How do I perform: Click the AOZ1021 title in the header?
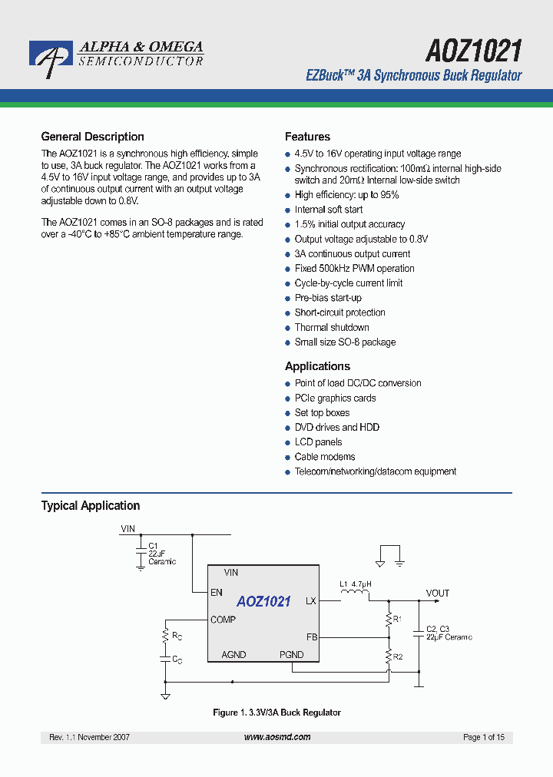pyautogui.click(x=473, y=51)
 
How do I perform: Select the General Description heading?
pyautogui.click(x=92, y=137)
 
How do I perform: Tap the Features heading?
pyautogui.click(x=307, y=137)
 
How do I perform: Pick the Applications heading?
pyautogui.click(x=317, y=366)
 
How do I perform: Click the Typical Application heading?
pyautogui.click(x=90, y=505)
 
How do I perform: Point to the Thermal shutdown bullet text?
pyautogui.click(x=332, y=327)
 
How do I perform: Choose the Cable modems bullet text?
pyautogui.click(x=325, y=457)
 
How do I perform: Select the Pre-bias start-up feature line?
pyautogui.click(x=328, y=298)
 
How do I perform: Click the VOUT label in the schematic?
pyautogui.click(x=438, y=593)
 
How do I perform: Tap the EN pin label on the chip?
pyautogui.click(x=216, y=593)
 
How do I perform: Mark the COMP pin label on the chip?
pyautogui.click(x=223, y=620)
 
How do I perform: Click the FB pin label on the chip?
pyautogui.click(x=311, y=636)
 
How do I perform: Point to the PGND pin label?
pyautogui.click(x=291, y=655)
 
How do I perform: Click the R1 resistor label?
pyautogui.click(x=397, y=618)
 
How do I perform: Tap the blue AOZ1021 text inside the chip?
pyautogui.click(x=263, y=602)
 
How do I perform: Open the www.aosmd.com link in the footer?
pyautogui.click(x=277, y=737)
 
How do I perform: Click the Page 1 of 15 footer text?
pyautogui.click(x=483, y=737)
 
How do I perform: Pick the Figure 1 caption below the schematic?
pyautogui.click(x=276, y=713)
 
